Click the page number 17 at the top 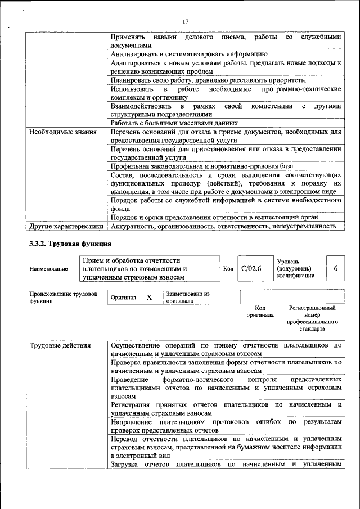coord(186,22)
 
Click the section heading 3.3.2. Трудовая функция coord(70,244)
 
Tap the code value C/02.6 coord(251,269)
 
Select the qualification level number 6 coord(336,269)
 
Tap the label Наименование coord(48,269)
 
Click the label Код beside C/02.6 coord(228,269)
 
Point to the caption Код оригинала coord(260,312)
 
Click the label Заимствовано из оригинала coord(187,297)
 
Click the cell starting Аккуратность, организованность coord(223,226)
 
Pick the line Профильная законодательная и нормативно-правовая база coord(202,166)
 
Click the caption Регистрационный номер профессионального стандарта coord(312,318)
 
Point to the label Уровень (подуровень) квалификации coord(295,269)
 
